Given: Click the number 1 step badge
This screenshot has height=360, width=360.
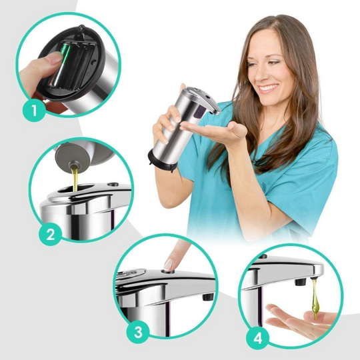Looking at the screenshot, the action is (x=34, y=110).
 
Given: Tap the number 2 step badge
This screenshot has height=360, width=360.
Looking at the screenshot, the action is (x=50, y=235).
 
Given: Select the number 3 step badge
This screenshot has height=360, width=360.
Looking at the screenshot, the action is (x=138, y=332).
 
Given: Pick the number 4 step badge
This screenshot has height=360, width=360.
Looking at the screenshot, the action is (x=257, y=338).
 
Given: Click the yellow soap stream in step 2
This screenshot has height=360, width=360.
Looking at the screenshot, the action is (x=75, y=179).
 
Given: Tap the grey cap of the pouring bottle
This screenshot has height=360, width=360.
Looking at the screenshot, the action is (x=71, y=157).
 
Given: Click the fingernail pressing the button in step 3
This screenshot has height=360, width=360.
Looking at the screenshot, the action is (x=168, y=265).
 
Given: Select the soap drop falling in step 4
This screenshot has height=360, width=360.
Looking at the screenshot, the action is (x=315, y=299).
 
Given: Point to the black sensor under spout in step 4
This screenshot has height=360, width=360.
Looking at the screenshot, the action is (x=300, y=281).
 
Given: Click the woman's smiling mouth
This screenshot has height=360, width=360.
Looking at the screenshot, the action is (x=269, y=88).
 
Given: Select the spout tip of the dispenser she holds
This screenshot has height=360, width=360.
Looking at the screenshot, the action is (x=216, y=112).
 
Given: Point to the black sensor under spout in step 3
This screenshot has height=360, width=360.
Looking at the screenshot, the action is (x=208, y=297).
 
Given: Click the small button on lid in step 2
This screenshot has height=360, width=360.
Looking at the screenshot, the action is (x=113, y=184).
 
